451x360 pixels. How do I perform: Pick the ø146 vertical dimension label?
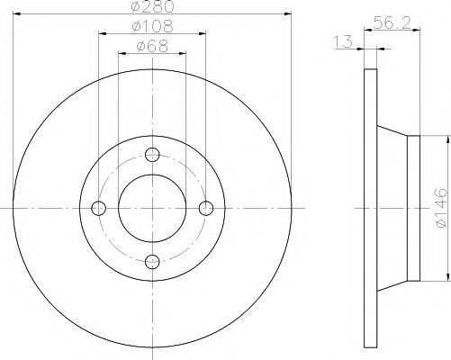tap(440, 208)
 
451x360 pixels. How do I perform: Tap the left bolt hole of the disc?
tap(99, 208)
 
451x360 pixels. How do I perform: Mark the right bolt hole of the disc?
tap(207, 208)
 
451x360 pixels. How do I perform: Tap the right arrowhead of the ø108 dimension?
tap(205, 34)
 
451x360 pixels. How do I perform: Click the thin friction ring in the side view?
tap(367, 208)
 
